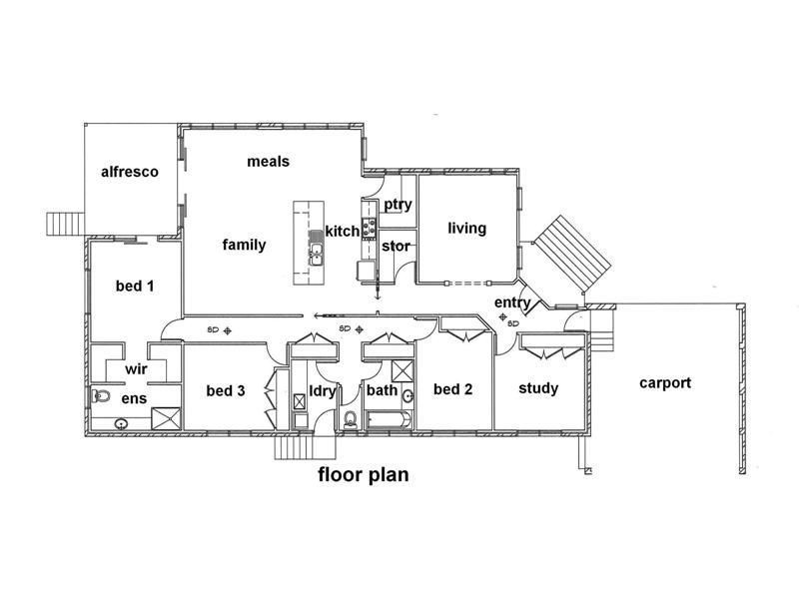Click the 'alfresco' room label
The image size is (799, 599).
pos(130,172)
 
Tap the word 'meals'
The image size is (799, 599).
pos(268,161)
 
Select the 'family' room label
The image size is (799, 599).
pos(244,245)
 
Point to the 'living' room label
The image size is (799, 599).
pos(466,228)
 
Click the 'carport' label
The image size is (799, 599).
pos(665,382)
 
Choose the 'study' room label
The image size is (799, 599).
pos(538,388)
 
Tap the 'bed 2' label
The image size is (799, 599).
pos(452,389)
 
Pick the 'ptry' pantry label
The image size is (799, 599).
pos(398,205)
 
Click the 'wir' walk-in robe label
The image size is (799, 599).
pos(136,369)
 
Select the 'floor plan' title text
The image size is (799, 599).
pos(363,474)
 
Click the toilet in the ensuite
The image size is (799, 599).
pos(100,397)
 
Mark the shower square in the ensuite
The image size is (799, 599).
pos(165,417)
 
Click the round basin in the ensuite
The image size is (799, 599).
pos(121,423)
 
